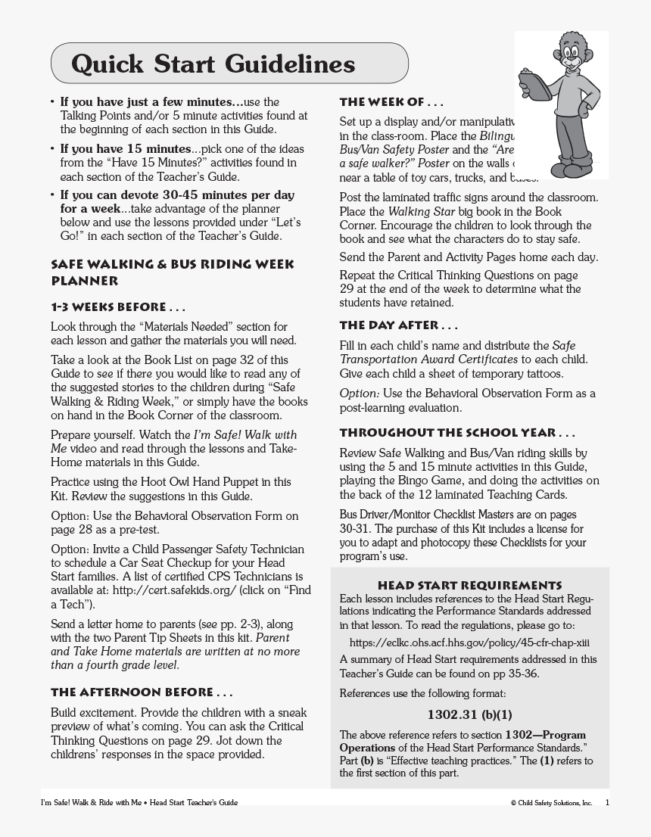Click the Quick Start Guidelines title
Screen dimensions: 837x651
tap(213, 64)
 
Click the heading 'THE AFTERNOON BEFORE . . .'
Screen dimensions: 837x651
tap(142, 692)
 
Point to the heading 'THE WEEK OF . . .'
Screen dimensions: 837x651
tap(391, 102)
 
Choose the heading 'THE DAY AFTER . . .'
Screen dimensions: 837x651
tap(399, 325)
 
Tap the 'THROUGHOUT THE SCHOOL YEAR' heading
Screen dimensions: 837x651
tap(457, 434)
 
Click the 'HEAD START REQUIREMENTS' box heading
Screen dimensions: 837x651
tap(469, 586)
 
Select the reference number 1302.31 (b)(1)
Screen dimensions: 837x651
tap(469, 714)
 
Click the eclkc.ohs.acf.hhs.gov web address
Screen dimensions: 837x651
tap(469, 643)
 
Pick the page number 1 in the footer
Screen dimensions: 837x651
tap(607, 802)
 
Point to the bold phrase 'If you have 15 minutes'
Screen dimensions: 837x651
tap(125, 148)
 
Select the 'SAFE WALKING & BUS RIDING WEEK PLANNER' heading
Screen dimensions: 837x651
tap(172, 272)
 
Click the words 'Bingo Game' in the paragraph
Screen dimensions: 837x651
tap(422, 481)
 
